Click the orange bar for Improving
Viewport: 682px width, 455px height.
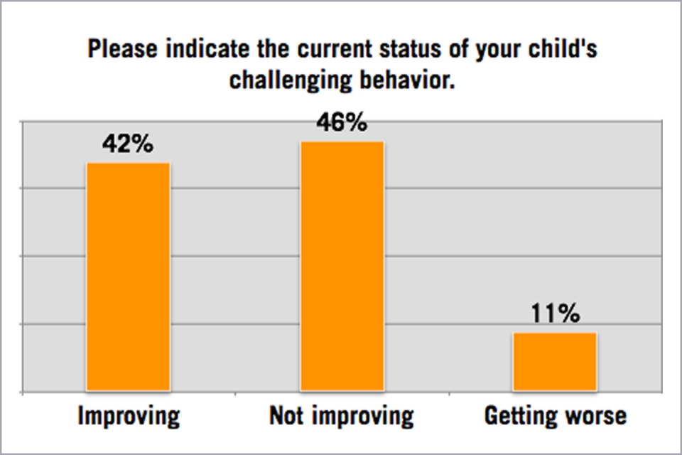pyautogui.click(x=128, y=277)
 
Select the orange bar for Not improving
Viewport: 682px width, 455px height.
pyautogui.click(x=342, y=266)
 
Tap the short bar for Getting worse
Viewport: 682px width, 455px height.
pyautogui.click(x=555, y=361)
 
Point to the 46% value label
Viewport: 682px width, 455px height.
pyautogui.click(x=342, y=124)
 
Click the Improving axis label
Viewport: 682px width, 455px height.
pyautogui.click(x=128, y=416)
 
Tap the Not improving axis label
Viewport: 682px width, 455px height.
pyautogui.click(x=342, y=416)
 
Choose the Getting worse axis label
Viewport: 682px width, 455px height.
pyautogui.click(x=556, y=416)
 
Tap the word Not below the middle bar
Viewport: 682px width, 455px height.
pyautogui.click(x=286, y=416)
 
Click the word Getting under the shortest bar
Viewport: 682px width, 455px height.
pyautogui.click(x=519, y=416)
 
